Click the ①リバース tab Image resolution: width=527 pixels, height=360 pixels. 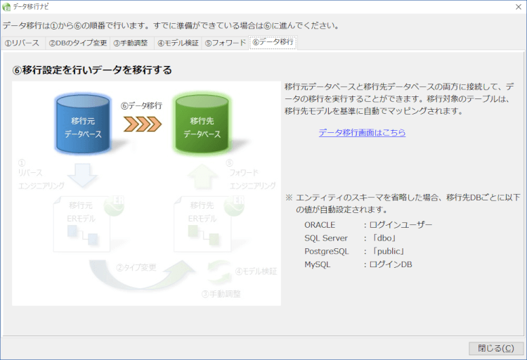click(x=22, y=43)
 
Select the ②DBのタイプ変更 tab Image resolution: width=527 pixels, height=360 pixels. click(x=77, y=43)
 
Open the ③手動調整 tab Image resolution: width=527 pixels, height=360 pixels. click(x=131, y=43)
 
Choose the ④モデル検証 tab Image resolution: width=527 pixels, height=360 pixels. click(x=178, y=43)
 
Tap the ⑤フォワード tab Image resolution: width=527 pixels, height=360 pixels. click(x=226, y=43)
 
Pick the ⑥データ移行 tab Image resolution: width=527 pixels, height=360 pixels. click(x=273, y=42)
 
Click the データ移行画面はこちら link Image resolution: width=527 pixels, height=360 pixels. click(x=362, y=132)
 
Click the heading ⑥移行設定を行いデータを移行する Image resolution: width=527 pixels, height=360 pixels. click(x=92, y=70)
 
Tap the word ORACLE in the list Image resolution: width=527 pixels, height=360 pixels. click(x=320, y=225)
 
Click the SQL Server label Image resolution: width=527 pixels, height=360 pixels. click(x=326, y=238)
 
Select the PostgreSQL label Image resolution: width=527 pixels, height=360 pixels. click(x=327, y=252)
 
